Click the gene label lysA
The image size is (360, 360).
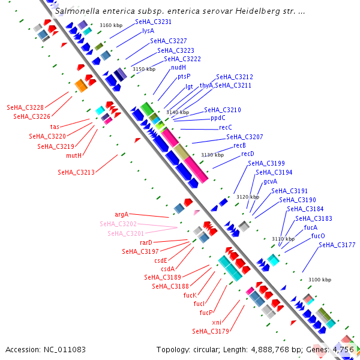(x=148, y=31)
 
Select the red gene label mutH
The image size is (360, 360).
(x=74, y=155)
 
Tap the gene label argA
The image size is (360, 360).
(x=121, y=214)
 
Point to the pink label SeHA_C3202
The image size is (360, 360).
(x=118, y=224)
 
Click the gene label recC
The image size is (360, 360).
(x=225, y=127)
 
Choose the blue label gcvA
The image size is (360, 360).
(x=270, y=181)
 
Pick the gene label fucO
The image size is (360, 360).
(x=318, y=236)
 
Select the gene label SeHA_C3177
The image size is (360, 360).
(x=337, y=245)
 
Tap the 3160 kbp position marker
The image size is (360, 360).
(x=111, y=25)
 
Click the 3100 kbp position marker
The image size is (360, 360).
(x=319, y=280)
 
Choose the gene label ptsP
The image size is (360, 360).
(x=184, y=76)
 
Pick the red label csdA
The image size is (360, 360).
(x=167, y=269)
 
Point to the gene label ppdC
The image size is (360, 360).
(x=218, y=118)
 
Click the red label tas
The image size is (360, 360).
(x=55, y=127)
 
